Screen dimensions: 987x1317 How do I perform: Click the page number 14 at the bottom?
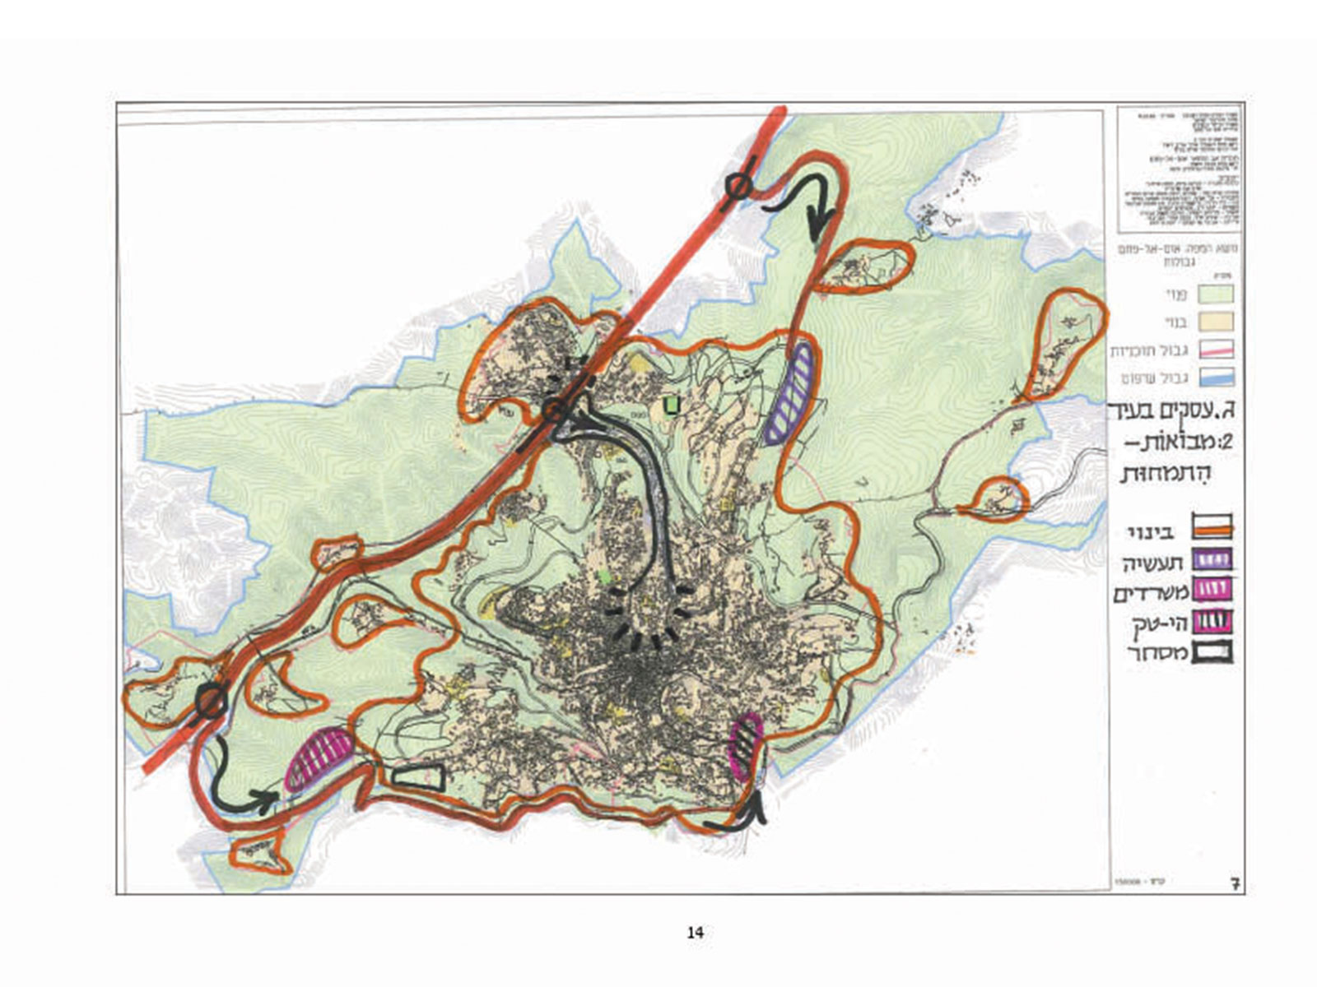pyautogui.click(x=695, y=933)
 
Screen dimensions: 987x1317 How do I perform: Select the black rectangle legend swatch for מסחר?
pyautogui.click(x=1212, y=654)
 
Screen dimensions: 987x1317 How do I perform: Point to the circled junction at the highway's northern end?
pyautogui.click(x=738, y=188)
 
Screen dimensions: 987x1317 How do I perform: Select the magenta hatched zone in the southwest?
pyautogui.click(x=319, y=758)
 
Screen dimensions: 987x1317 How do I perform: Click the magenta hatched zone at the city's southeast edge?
pyautogui.click(x=747, y=747)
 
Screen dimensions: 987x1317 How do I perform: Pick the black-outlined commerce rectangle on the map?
pyautogui.click(x=419, y=776)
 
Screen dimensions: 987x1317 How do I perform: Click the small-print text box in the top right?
pyautogui.click(x=1178, y=169)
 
